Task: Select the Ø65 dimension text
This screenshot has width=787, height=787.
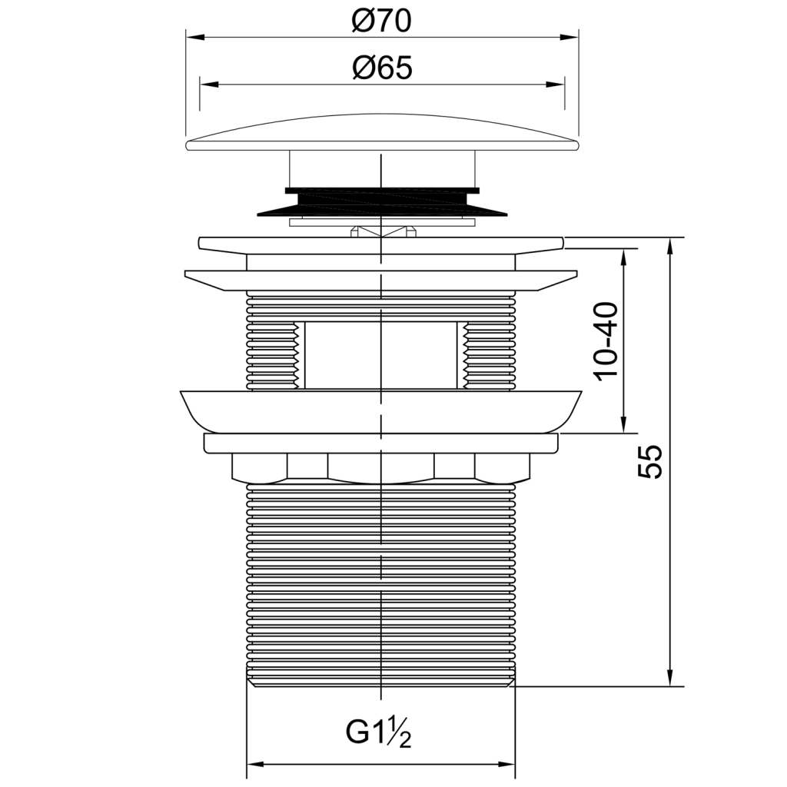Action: [x=383, y=68]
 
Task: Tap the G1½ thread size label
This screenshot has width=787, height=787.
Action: [x=378, y=733]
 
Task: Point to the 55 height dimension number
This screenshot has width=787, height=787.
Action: [x=650, y=461]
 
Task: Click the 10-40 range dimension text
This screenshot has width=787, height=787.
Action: [x=606, y=341]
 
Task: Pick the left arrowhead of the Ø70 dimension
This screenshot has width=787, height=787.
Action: [x=196, y=37]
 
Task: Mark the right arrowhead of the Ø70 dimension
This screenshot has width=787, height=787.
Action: [x=569, y=37]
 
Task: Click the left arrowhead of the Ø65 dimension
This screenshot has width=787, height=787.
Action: [x=210, y=84]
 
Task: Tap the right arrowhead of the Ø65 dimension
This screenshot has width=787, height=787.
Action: [x=555, y=84]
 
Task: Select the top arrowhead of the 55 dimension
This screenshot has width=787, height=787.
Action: [x=670, y=248]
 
